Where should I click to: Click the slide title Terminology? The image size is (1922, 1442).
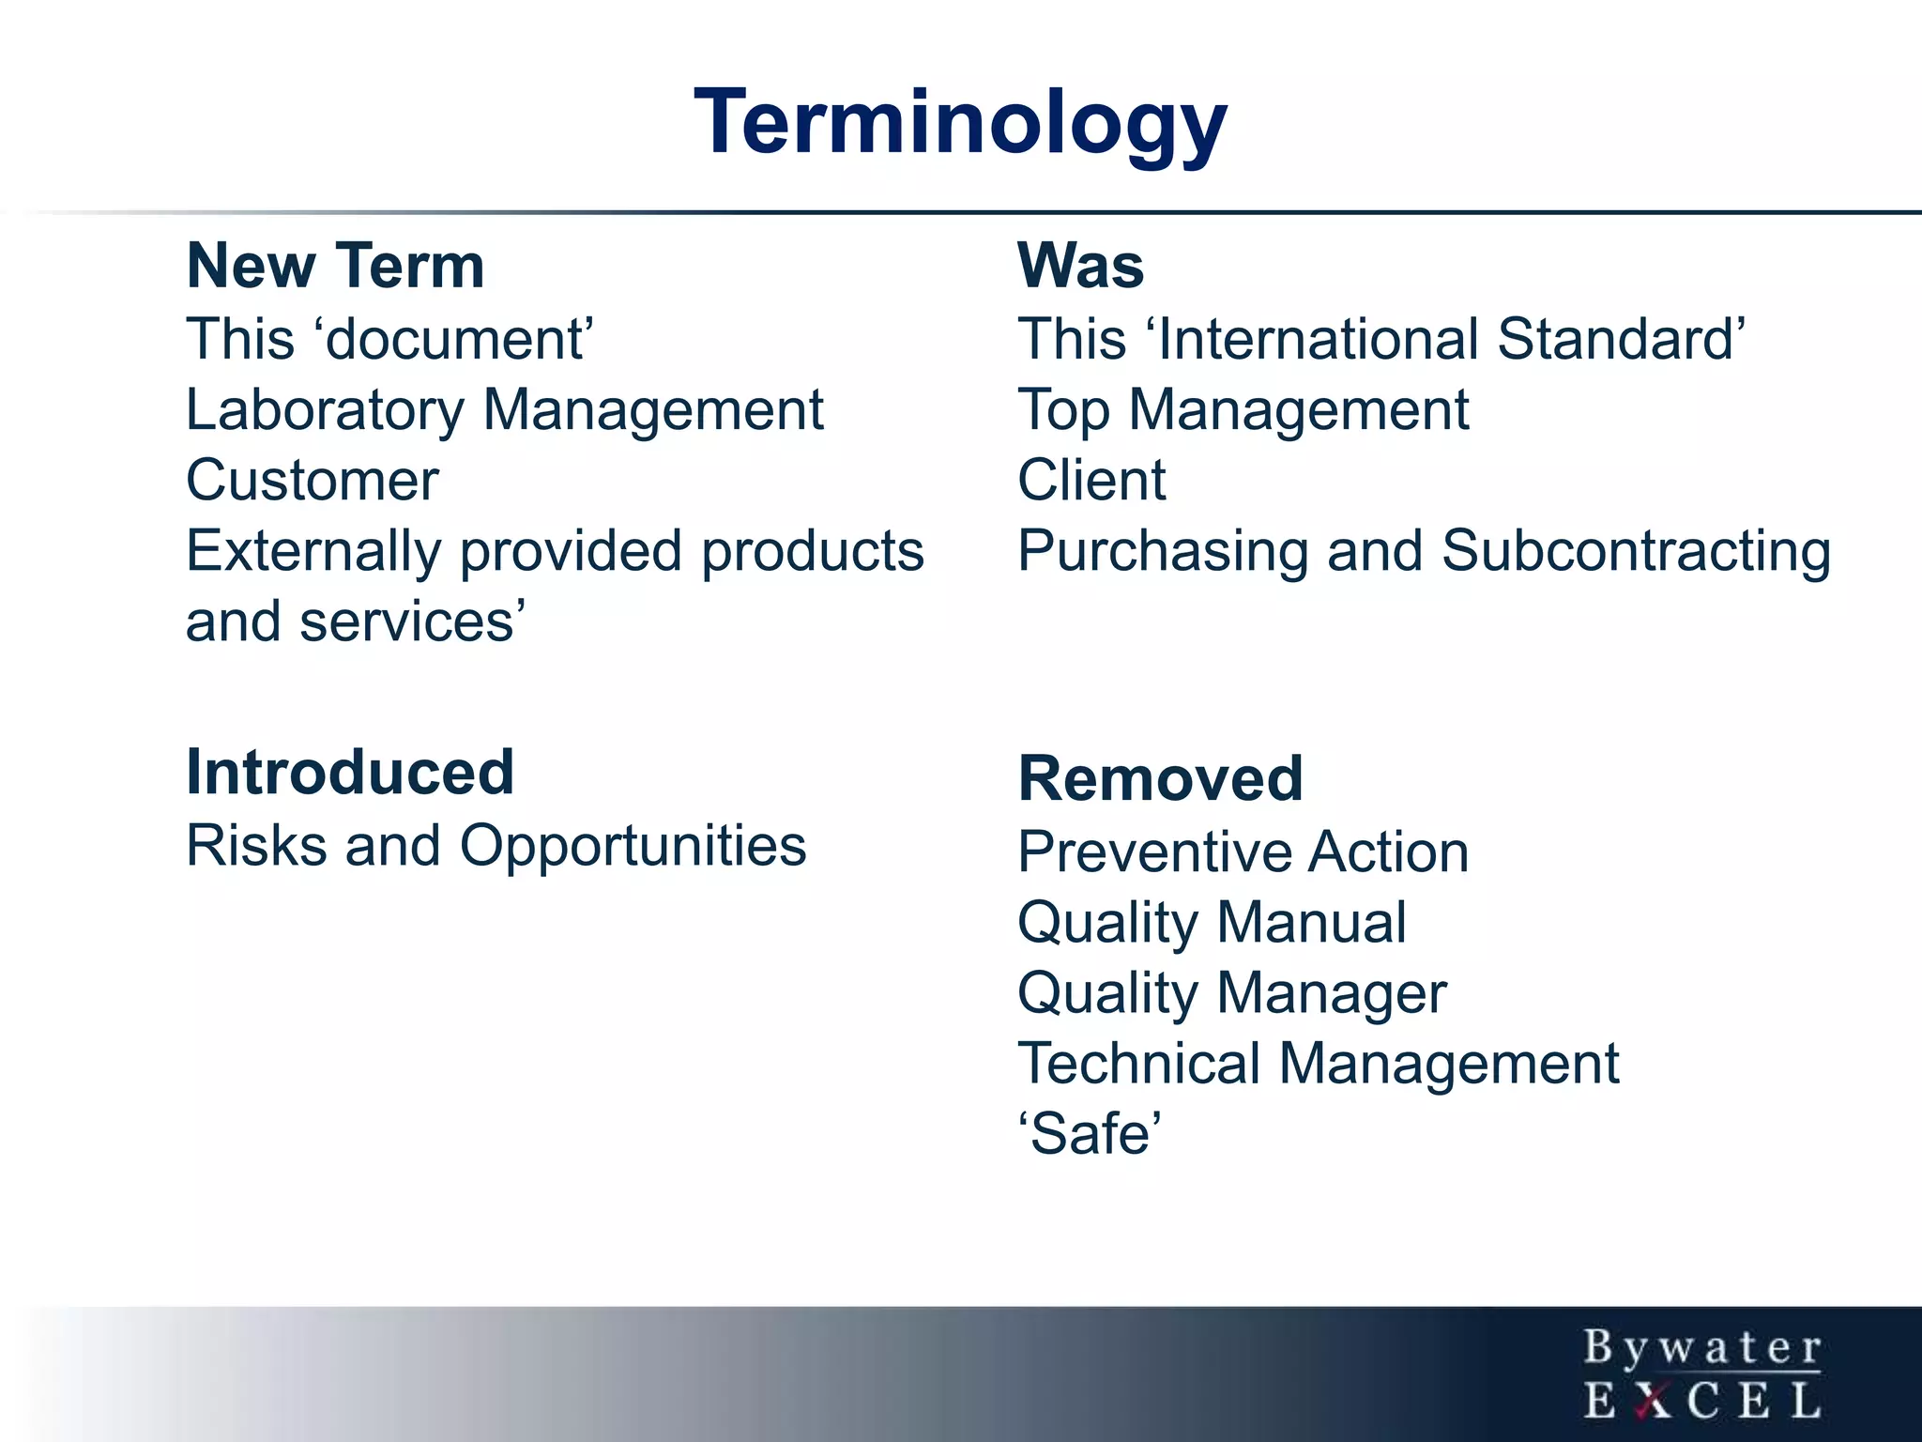click(x=960, y=122)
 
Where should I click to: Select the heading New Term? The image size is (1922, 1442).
click(x=335, y=266)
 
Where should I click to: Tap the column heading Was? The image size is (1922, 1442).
click(x=1080, y=266)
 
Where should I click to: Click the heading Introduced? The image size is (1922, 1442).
click(x=350, y=773)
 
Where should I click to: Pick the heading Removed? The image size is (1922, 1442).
click(x=1160, y=779)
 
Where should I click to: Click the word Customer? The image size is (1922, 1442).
click(x=313, y=481)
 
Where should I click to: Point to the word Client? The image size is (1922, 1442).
click(x=1091, y=481)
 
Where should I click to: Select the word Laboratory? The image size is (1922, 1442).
click(x=325, y=410)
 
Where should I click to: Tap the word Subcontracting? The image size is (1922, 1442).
click(x=1636, y=551)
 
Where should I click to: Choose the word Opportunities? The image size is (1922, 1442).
click(x=633, y=846)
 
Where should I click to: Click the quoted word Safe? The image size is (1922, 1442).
click(x=1090, y=1134)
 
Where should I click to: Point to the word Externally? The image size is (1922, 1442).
click(x=313, y=552)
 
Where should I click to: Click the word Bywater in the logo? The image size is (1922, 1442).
click(x=1702, y=1348)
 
